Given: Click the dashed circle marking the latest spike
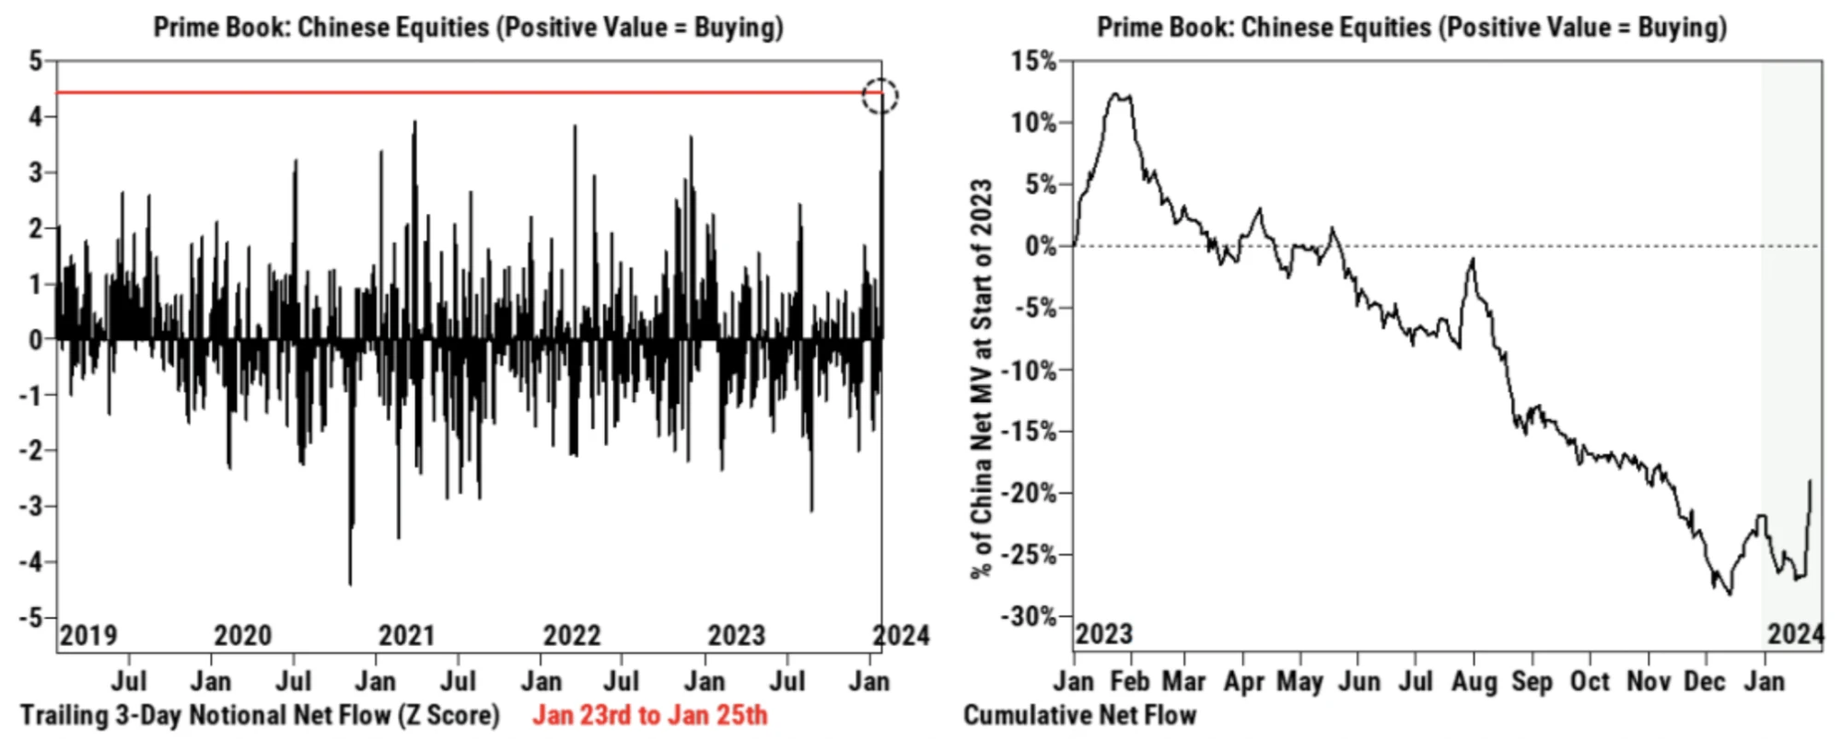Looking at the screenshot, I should [x=880, y=95].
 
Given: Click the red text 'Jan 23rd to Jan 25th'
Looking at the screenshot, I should [x=649, y=715].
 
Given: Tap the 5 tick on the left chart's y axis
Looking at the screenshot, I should [x=36, y=61].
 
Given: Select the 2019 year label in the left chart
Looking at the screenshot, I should [x=88, y=635].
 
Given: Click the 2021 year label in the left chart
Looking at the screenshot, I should [x=406, y=635].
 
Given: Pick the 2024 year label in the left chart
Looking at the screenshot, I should [x=901, y=635].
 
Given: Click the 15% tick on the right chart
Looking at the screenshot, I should [x=1034, y=62].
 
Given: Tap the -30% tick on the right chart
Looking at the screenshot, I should [x=1029, y=617].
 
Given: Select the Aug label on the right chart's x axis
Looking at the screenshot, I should [x=1474, y=682].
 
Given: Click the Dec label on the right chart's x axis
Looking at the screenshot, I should [x=1705, y=682].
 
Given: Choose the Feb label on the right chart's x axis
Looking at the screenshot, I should [x=1129, y=682].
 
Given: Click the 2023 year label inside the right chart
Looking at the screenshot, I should [x=1104, y=634].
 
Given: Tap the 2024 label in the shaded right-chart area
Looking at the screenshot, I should [x=1795, y=634].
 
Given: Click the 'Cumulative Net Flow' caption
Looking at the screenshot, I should [x=1079, y=715].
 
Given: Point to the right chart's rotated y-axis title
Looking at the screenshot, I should [x=982, y=378].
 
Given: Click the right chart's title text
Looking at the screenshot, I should [x=1411, y=27].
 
